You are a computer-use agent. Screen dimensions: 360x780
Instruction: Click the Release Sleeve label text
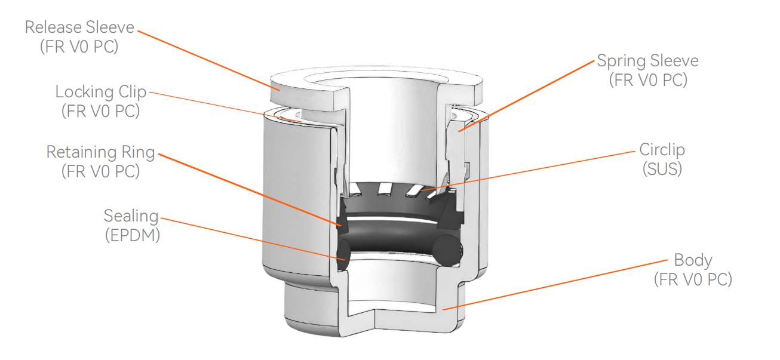[x=79, y=27]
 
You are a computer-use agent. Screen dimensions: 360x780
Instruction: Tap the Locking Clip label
[x=100, y=92]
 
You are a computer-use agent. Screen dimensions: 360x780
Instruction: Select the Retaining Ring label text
[x=100, y=152]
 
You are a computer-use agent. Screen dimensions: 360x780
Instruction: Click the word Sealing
[x=131, y=216]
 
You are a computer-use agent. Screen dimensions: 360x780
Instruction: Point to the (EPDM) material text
[x=132, y=235]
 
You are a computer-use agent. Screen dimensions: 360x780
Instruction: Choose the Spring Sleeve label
[x=647, y=61]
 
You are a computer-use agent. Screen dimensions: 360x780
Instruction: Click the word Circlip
[x=662, y=149]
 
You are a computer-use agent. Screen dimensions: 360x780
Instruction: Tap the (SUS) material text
[x=662, y=169]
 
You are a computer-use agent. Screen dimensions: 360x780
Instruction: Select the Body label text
[x=693, y=260]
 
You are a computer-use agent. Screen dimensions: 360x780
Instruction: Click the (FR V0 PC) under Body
[x=693, y=279]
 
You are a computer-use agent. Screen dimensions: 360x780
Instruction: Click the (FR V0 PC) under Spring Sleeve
[x=648, y=80]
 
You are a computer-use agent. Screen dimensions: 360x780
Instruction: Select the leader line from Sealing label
[x=251, y=238]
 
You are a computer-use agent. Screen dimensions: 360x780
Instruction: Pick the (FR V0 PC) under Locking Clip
[x=100, y=112]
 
